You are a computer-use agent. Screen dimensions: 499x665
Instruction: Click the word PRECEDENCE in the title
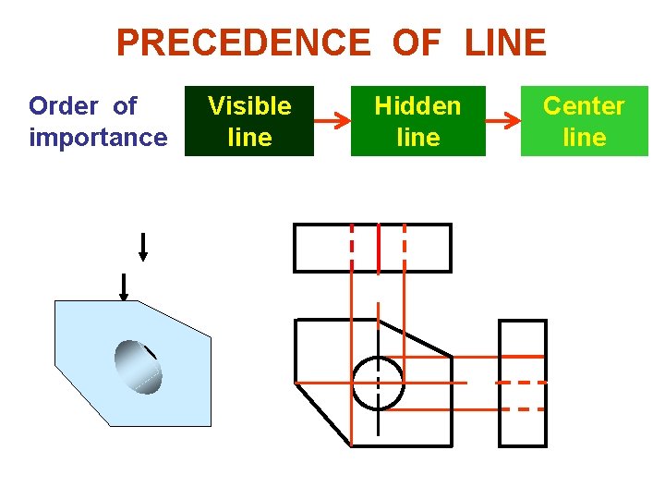pyautogui.click(x=242, y=43)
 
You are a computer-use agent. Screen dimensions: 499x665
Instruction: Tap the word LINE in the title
pyautogui.click(x=505, y=43)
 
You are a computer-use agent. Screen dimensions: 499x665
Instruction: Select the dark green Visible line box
pyautogui.click(x=249, y=121)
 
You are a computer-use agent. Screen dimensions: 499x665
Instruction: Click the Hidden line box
pyautogui.click(x=417, y=121)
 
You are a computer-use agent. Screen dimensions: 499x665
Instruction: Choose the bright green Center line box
pyautogui.click(x=584, y=121)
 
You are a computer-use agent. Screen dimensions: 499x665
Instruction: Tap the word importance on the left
pyautogui.click(x=98, y=138)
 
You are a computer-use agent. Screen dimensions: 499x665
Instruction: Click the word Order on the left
pyautogui.click(x=62, y=106)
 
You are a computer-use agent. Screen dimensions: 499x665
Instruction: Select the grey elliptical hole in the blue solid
pyautogui.click(x=138, y=368)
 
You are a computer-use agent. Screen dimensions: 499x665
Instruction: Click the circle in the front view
pyautogui.click(x=378, y=383)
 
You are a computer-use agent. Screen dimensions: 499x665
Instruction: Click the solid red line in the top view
pyautogui.click(x=379, y=248)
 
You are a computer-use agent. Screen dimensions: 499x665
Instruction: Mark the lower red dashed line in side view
pyautogui.click(x=528, y=408)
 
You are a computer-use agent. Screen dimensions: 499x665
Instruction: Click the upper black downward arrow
pyautogui.click(x=142, y=248)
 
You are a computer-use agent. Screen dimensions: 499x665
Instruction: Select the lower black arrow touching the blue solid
pyautogui.click(x=123, y=286)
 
